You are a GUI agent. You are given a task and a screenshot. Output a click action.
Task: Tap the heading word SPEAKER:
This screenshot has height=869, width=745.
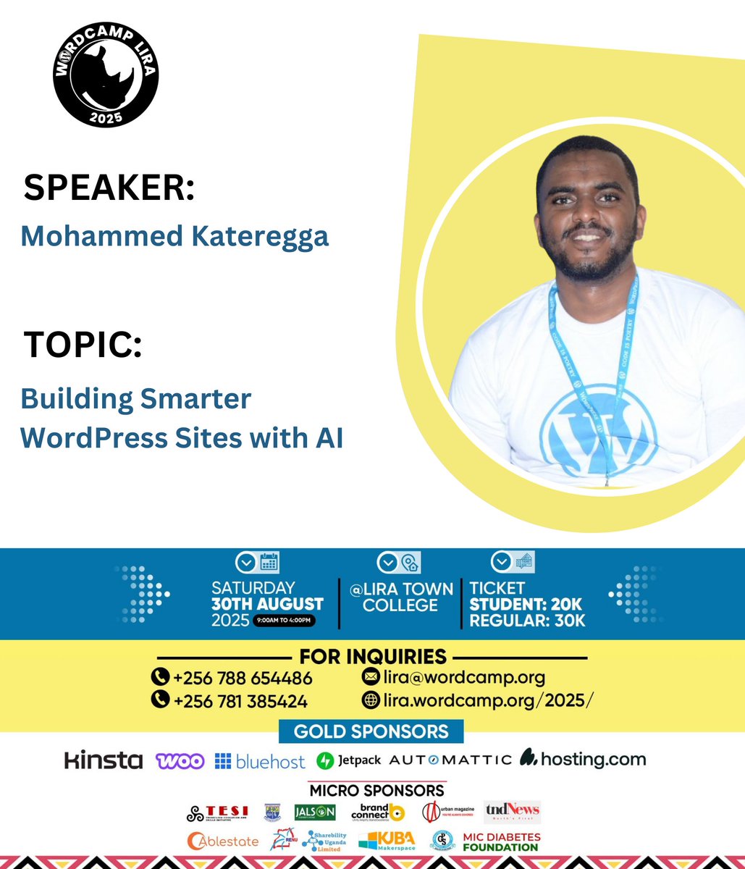coord(109,188)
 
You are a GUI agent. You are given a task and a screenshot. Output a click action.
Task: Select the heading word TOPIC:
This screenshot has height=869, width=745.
coord(83,345)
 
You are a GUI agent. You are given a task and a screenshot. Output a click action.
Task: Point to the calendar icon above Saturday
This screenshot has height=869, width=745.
coord(269,563)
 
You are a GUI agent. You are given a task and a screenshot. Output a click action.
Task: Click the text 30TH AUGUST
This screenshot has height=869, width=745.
coord(267,604)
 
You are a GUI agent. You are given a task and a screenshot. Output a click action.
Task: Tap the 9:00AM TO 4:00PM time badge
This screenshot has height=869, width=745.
coord(284,621)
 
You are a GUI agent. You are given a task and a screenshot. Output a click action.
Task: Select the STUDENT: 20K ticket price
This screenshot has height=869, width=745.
coord(526,604)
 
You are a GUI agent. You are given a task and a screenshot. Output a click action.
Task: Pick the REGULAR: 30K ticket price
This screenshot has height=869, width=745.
coord(527,621)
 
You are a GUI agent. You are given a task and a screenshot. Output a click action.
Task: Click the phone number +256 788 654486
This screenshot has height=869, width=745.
coord(243,679)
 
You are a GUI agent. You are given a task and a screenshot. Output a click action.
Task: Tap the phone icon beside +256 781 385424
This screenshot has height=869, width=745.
coord(159,700)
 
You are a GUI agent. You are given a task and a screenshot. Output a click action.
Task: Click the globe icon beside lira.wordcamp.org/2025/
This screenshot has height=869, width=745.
coord(371,700)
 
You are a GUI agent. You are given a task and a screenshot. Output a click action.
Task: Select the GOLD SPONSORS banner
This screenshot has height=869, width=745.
coord(371,731)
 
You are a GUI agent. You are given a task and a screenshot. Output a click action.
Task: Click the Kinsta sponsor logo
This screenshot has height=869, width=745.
coord(104,760)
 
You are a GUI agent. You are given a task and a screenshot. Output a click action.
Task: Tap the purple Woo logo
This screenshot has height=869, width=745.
coord(180,761)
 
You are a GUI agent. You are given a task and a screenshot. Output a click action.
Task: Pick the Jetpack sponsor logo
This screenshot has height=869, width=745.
coord(349,761)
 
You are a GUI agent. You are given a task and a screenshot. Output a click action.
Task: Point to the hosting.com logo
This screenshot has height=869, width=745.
coord(583,759)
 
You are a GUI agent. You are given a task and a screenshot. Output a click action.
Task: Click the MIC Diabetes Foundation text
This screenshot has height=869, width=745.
coord(501,842)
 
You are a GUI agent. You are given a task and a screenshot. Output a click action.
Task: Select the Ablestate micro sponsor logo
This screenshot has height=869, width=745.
coord(223,841)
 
